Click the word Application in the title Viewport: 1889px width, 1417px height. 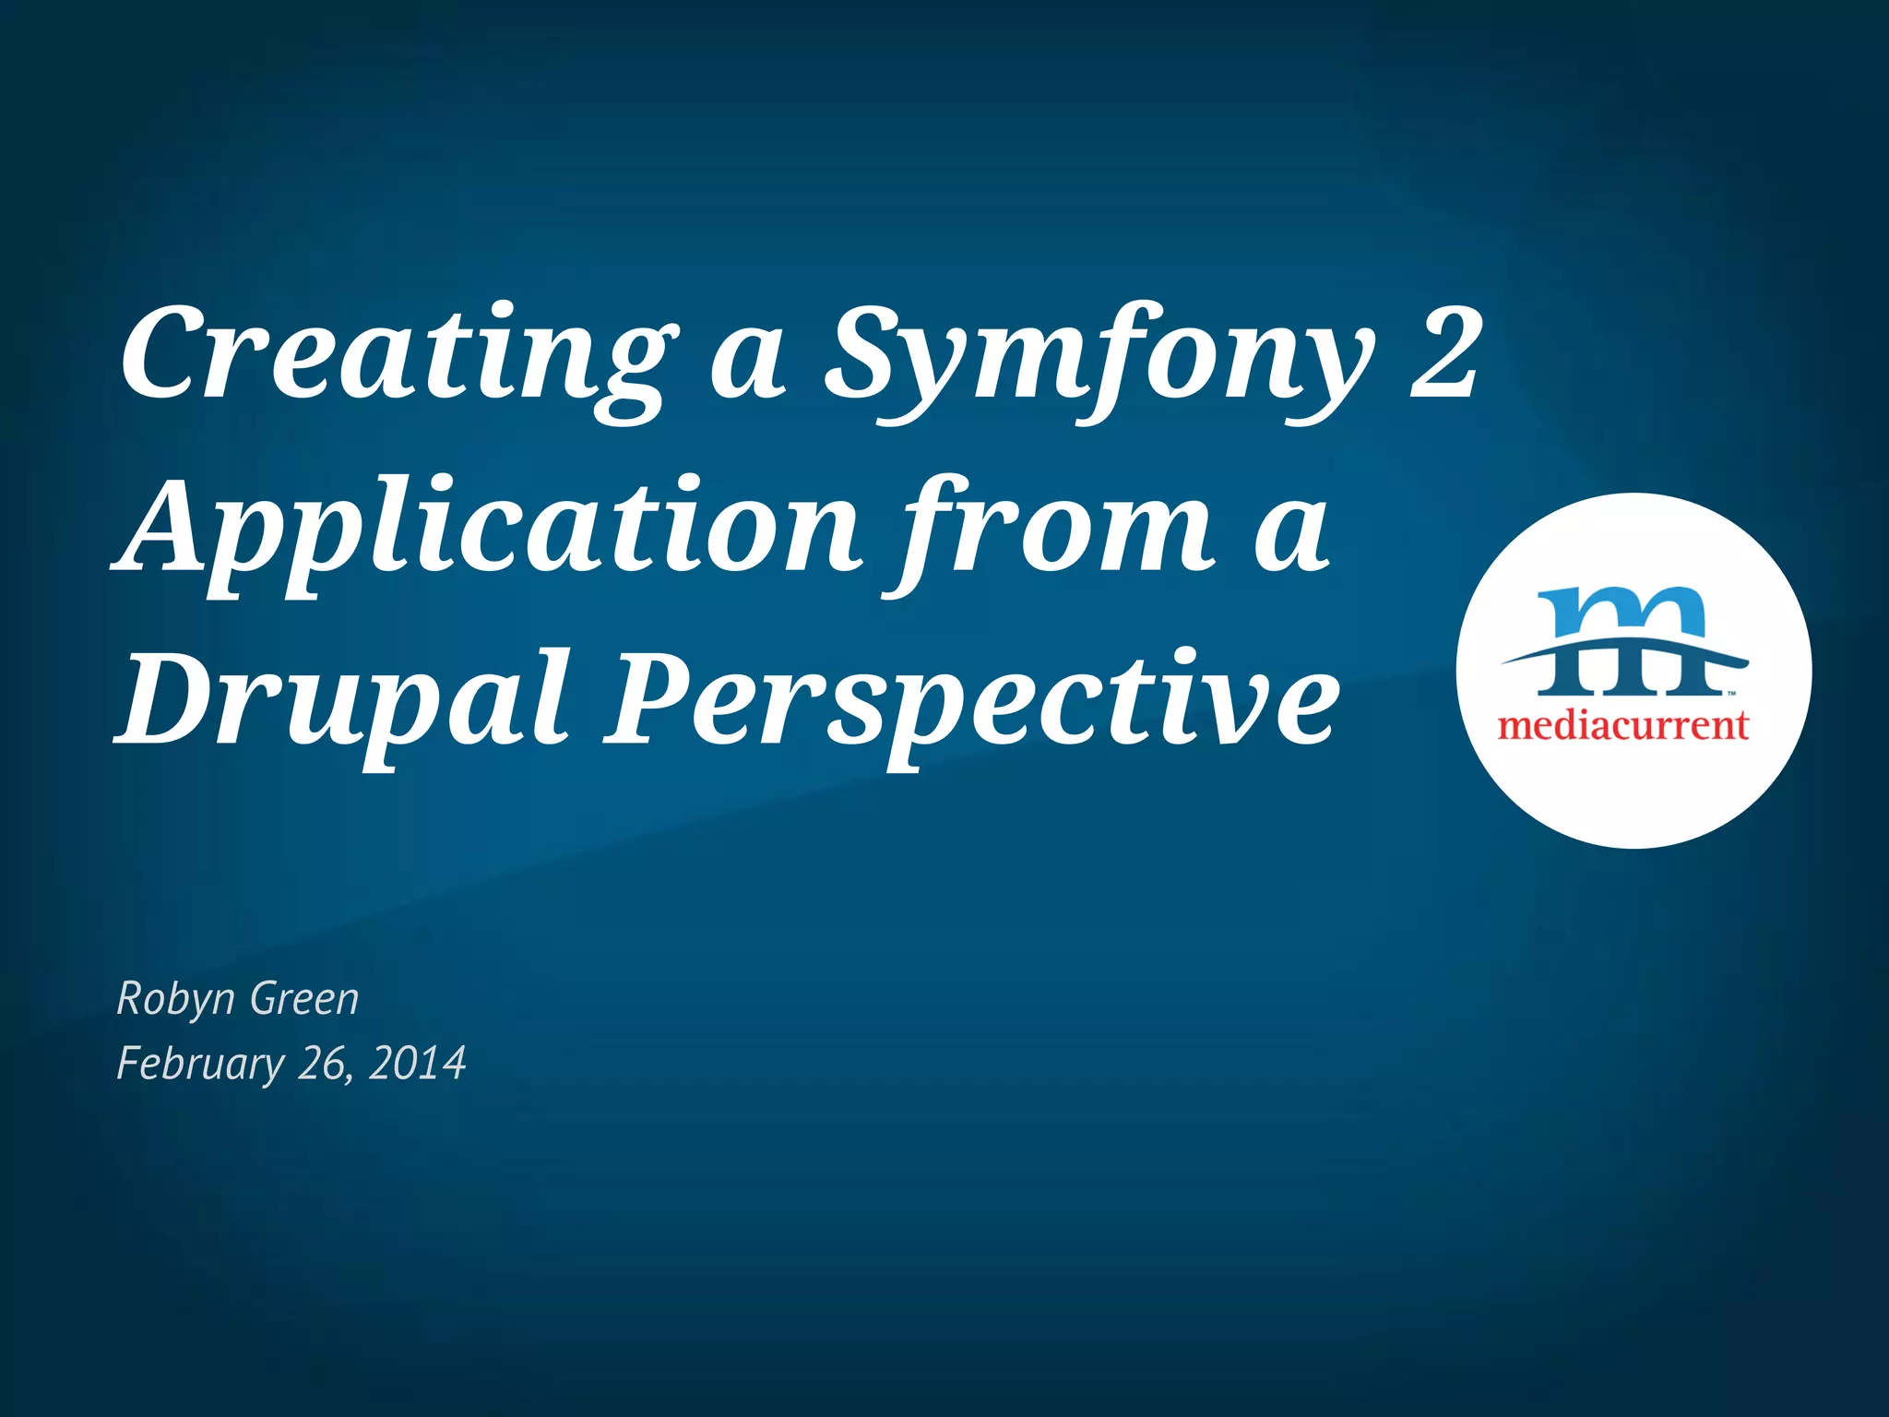[489, 530]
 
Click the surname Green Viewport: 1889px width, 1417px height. [304, 998]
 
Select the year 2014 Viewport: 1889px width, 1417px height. [417, 1063]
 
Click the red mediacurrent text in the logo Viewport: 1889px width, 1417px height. [1623, 726]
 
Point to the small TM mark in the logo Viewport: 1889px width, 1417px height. [1732, 693]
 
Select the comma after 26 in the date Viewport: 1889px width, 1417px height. [350, 1078]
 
